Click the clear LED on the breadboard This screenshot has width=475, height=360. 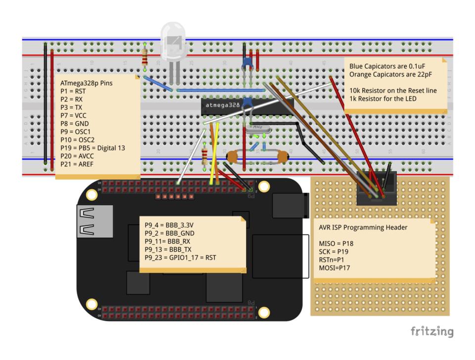point(173,40)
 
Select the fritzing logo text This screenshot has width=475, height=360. point(431,332)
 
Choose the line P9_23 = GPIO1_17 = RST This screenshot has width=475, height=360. point(180,257)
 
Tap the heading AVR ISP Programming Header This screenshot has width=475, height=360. point(363,227)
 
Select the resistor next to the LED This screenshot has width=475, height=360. point(144,56)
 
